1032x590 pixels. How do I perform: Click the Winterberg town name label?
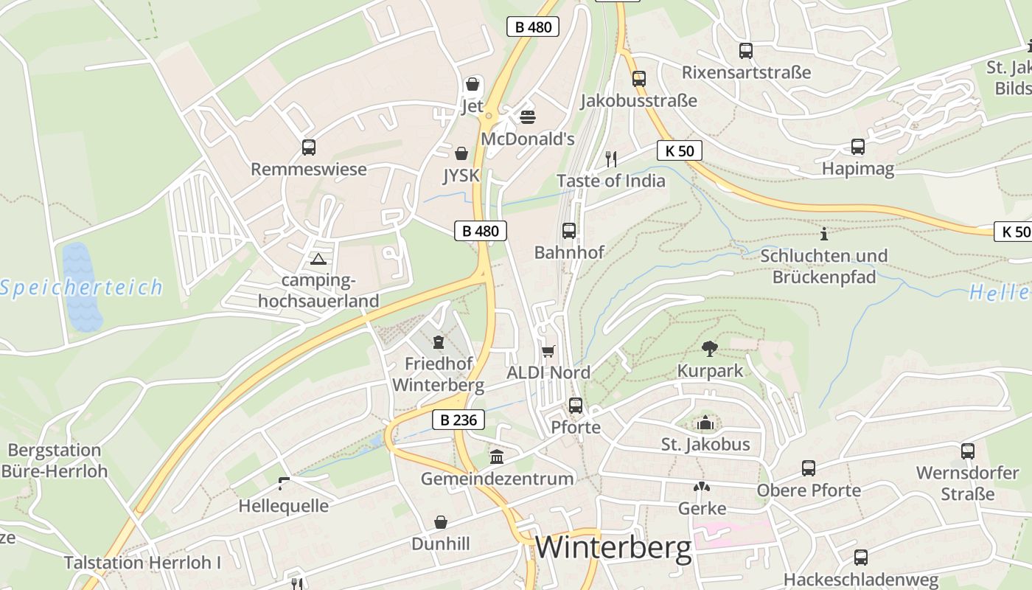click(613, 548)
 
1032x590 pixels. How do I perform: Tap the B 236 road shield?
click(459, 420)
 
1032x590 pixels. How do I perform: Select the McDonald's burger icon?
click(527, 117)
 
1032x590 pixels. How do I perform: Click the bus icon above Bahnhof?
click(569, 231)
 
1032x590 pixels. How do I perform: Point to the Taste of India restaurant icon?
click(610, 159)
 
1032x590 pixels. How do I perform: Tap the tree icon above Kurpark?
click(710, 348)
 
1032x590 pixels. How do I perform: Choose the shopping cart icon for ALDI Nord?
click(548, 351)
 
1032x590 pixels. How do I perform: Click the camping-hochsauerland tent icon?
click(318, 259)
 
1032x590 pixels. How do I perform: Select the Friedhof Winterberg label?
click(438, 374)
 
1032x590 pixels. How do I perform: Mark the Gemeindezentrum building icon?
click(497, 457)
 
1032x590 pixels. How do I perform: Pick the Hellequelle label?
click(283, 506)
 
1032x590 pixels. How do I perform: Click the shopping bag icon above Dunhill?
click(440, 522)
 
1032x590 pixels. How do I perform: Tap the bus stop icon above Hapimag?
click(858, 147)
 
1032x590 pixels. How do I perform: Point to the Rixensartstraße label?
click(746, 72)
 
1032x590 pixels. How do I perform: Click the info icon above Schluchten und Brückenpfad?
click(824, 235)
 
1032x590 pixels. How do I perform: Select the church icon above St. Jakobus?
click(705, 423)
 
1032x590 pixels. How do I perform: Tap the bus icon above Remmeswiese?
click(309, 147)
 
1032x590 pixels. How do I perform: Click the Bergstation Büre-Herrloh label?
click(55, 460)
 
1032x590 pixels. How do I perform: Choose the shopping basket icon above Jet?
click(473, 84)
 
